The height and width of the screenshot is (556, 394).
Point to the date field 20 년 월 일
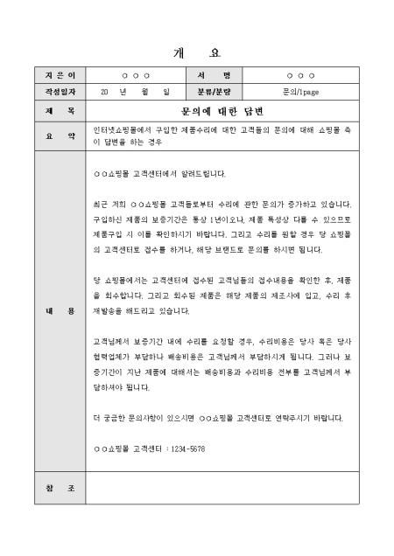135,91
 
